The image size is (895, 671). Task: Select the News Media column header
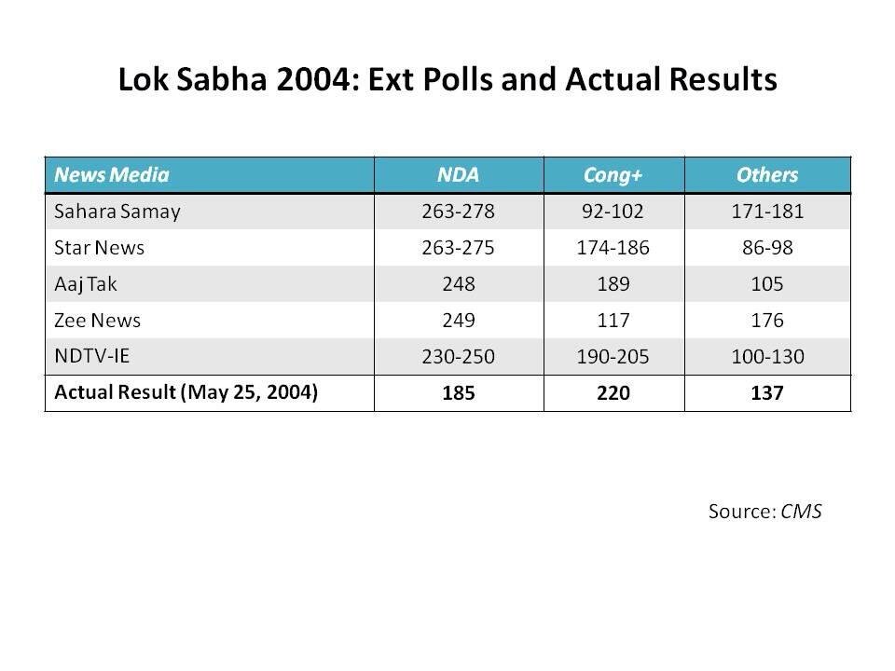[112, 174]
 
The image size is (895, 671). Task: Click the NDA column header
[459, 174]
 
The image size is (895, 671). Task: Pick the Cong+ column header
[613, 174]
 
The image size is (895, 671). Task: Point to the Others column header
[767, 174]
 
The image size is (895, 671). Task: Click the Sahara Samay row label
[117, 212]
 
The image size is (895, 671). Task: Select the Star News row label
[100, 248]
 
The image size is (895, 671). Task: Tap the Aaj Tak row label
[86, 284]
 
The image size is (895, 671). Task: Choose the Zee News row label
[98, 321]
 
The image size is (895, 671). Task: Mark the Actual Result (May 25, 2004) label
[186, 392]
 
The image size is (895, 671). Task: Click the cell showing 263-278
[459, 212]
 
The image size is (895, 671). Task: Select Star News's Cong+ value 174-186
[613, 248]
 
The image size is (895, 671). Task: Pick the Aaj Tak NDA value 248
[459, 284]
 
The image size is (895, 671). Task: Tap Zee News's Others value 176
[767, 321]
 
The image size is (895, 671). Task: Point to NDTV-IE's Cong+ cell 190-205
[613, 357]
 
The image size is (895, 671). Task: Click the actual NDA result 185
[459, 393]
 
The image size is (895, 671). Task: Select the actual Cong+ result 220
[613, 393]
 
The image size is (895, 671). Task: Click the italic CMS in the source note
[801, 512]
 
